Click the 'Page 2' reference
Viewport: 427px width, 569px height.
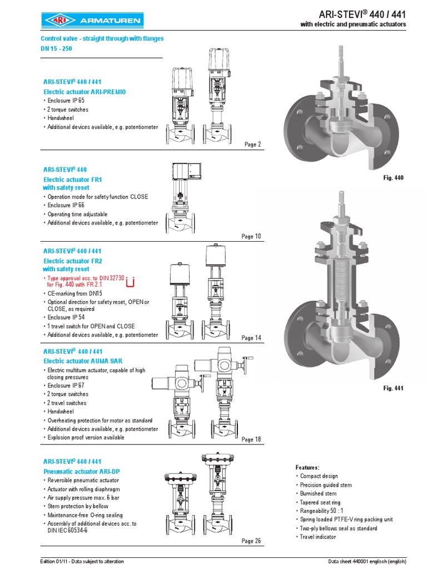point(252,144)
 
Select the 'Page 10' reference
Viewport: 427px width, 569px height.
point(251,236)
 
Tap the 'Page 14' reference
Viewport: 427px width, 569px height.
point(251,338)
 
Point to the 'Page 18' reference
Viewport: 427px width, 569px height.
point(251,440)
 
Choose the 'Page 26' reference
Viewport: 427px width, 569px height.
point(251,541)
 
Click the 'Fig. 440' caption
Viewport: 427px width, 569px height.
point(393,178)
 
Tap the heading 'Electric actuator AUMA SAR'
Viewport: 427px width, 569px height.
point(83,361)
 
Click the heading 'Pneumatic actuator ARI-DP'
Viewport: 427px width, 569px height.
point(81,471)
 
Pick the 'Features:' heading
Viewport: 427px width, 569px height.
point(307,467)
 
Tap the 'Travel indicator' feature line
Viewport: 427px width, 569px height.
point(317,537)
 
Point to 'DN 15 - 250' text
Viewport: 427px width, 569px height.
point(56,48)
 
